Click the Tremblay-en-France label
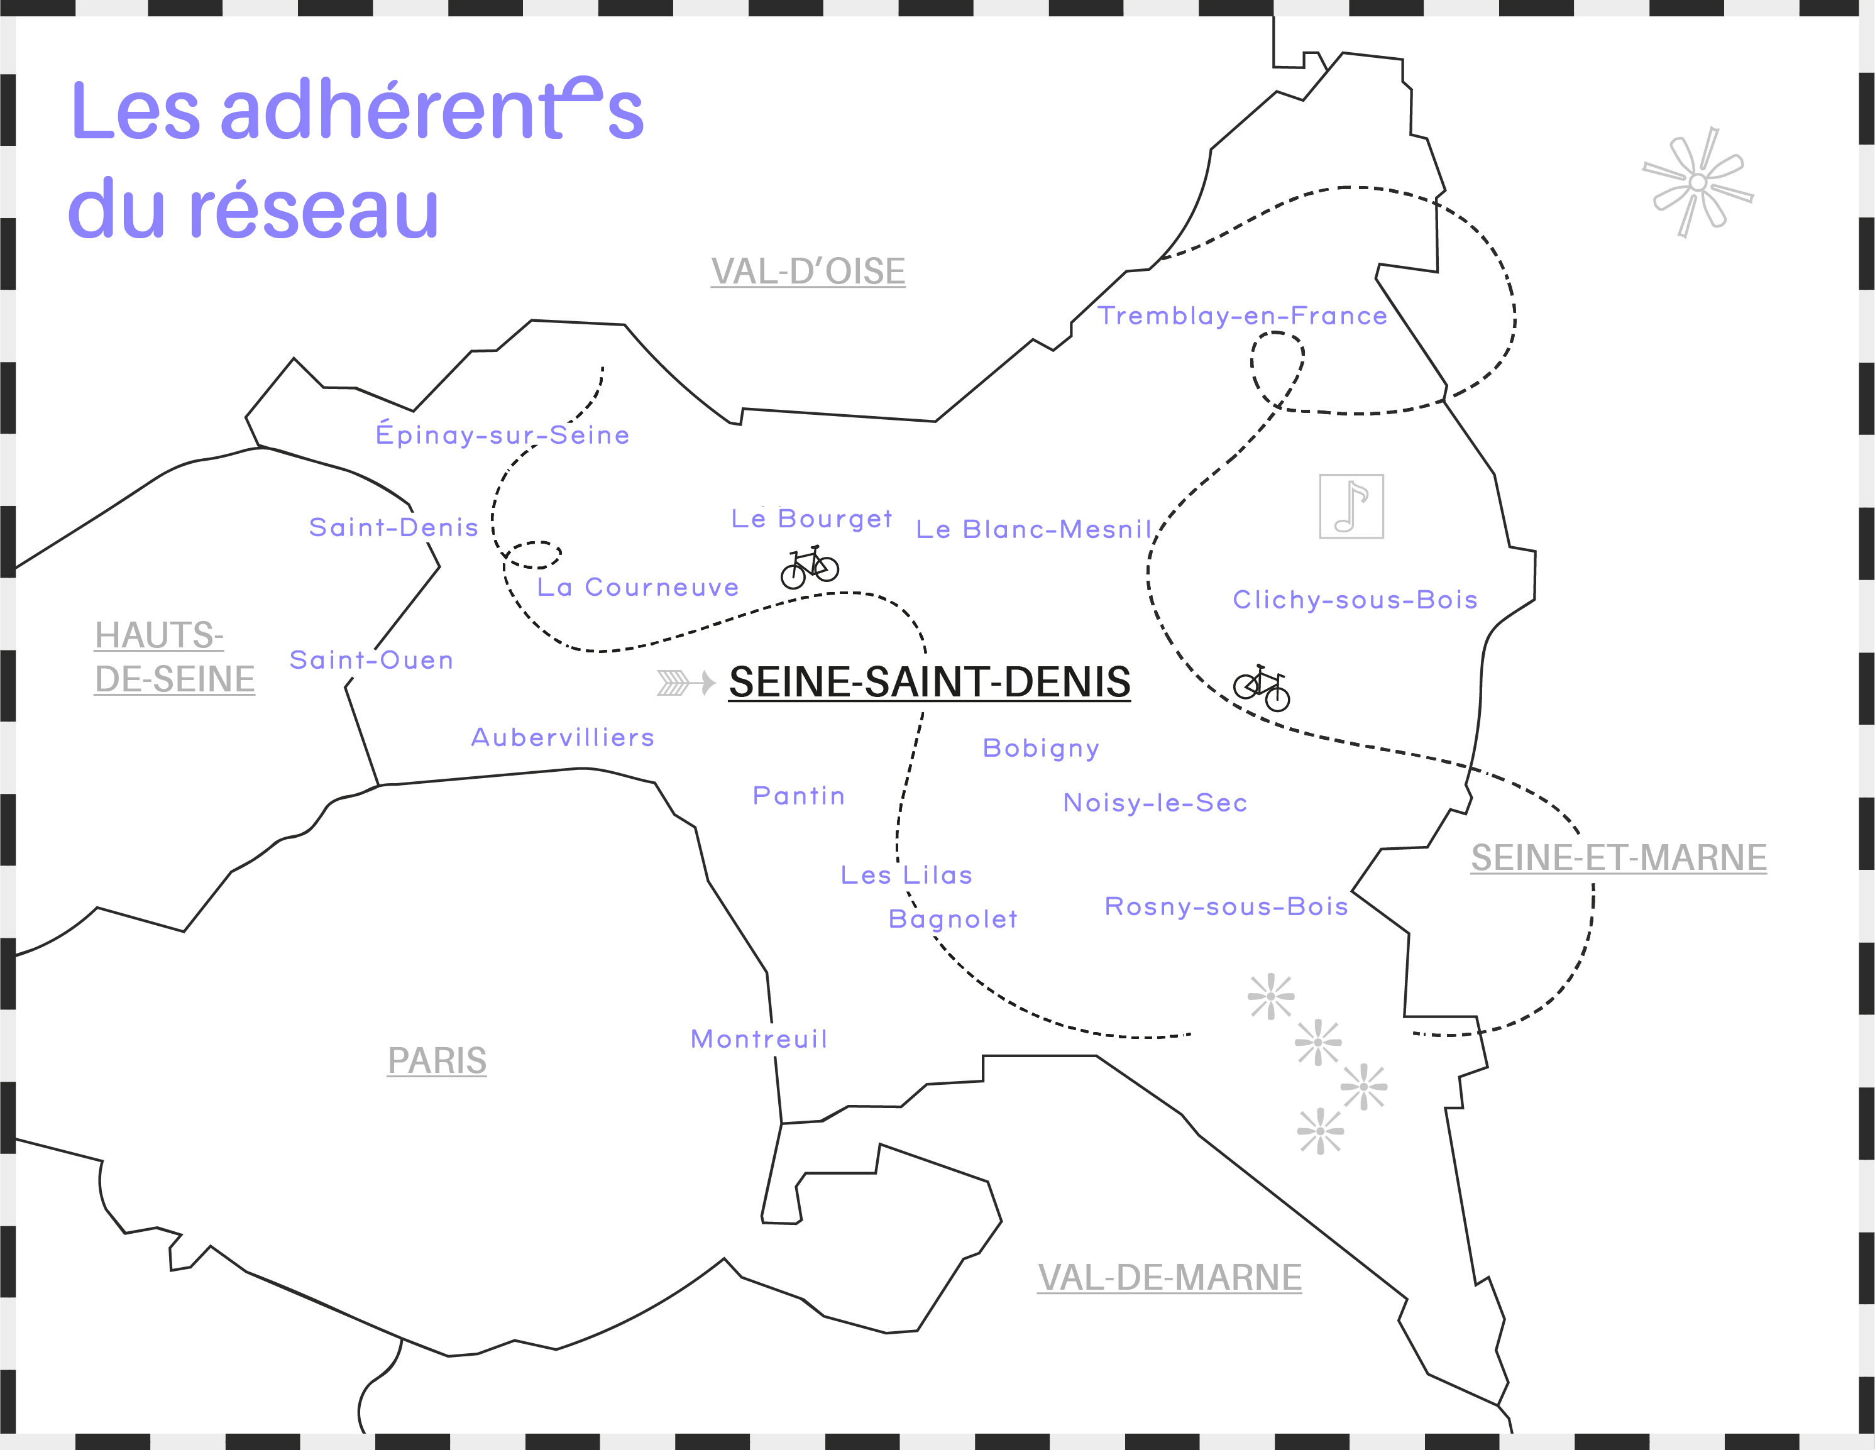pyautogui.click(x=1242, y=316)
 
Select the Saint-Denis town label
pyautogui.click(x=393, y=527)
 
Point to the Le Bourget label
pyautogui.click(x=811, y=519)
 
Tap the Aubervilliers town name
pyautogui.click(x=563, y=737)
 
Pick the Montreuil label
pyautogui.click(x=759, y=1039)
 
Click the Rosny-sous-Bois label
pyautogui.click(x=1226, y=906)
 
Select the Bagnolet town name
pyautogui.click(x=953, y=919)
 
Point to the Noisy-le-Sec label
pyautogui.click(x=1155, y=803)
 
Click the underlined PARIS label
pyautogui.click(x=437, y=1060)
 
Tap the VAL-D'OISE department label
pyautogui.click(x=808, y=272)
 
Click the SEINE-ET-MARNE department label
pyautogui.click(x=1619, y=858)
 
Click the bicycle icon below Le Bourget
pyautogui.click(x=810, y=568)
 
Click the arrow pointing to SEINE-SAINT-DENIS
pyautogui.click(x=686, y=683)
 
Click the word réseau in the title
pyautogui.click(x=314, y=209)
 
